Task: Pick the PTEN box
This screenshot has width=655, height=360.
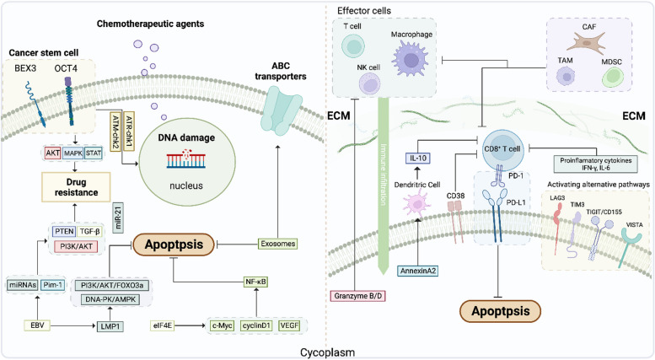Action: (x=61, y=229)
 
